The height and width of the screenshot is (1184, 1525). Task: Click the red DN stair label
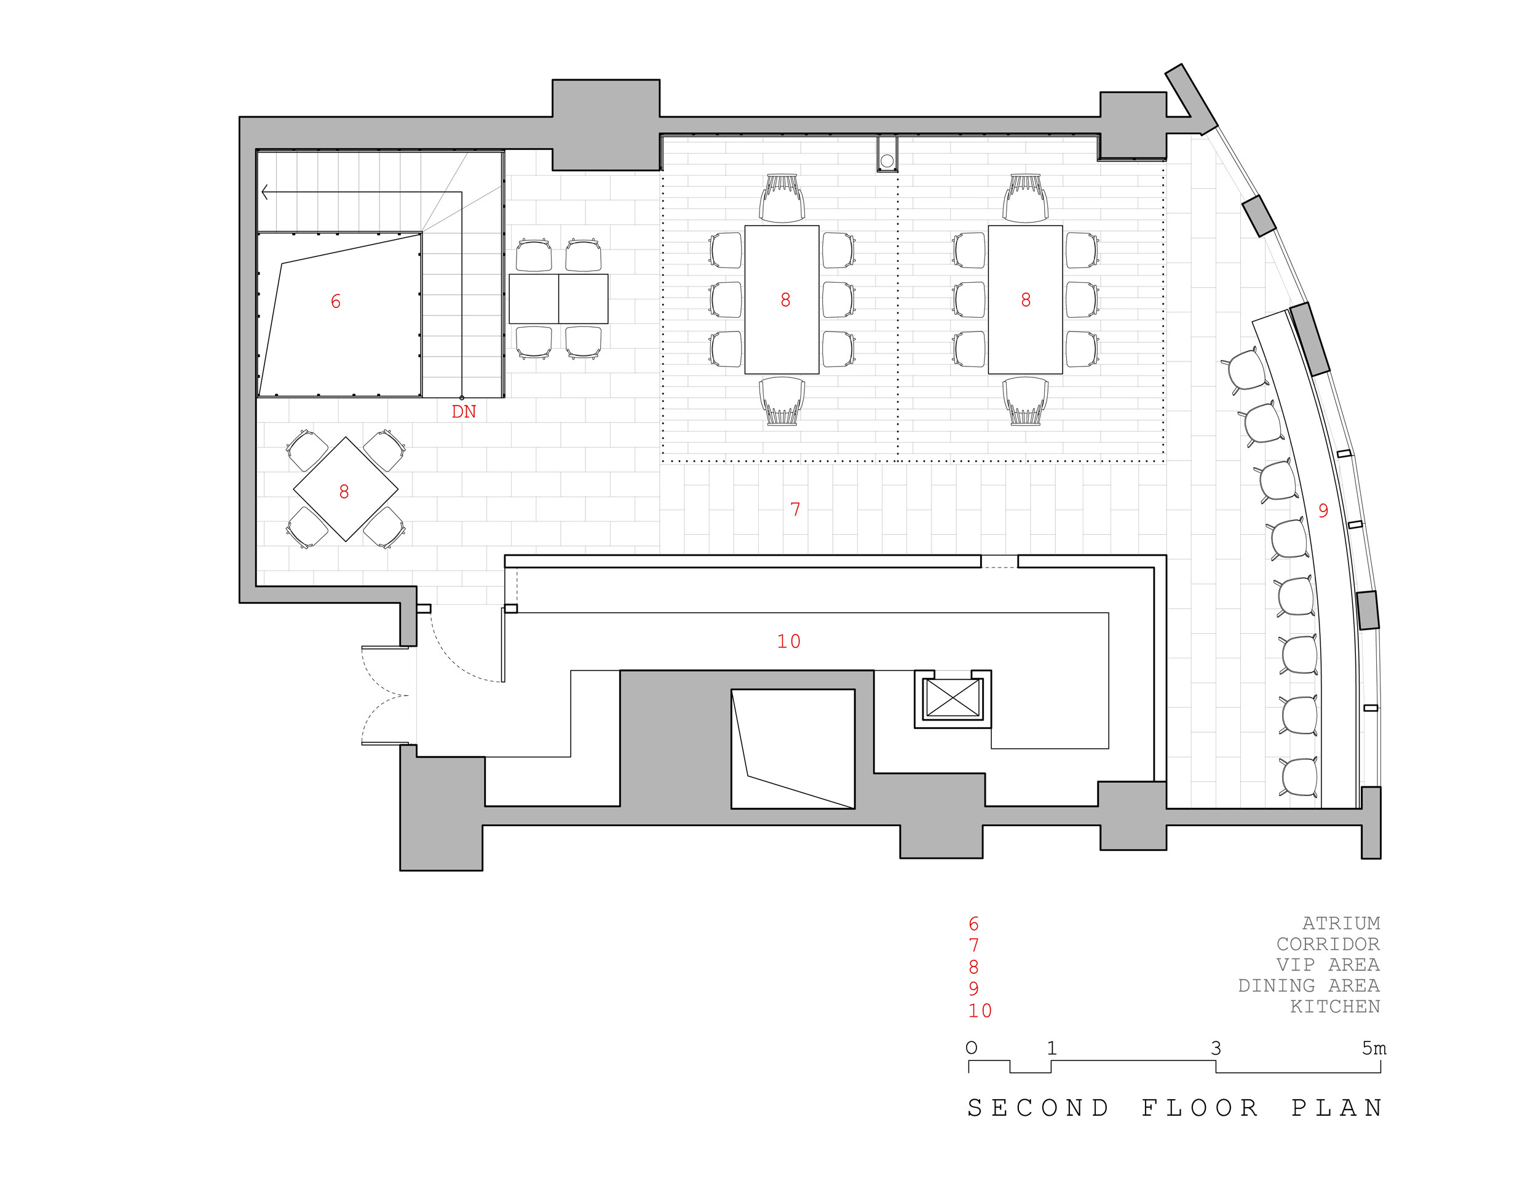464,412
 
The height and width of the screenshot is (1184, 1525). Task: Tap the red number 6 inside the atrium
335,302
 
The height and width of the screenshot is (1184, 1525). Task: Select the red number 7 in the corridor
794,510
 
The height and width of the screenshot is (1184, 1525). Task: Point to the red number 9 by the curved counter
1323,511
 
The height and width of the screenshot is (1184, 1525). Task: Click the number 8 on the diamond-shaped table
344,492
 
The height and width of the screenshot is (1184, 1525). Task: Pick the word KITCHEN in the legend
1334,1007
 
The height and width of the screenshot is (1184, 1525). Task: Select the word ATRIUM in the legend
1341,923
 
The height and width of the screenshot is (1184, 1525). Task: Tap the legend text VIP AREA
1328,965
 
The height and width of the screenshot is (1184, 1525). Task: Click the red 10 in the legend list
979,1011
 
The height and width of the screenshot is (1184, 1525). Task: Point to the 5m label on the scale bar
1374,1049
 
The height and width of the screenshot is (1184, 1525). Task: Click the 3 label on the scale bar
1216,1049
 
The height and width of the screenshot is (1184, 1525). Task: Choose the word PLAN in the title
1336,1108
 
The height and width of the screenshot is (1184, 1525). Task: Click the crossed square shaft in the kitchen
953,698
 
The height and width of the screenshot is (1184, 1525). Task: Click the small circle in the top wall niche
887,161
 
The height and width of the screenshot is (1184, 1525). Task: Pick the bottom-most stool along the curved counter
1299,777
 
